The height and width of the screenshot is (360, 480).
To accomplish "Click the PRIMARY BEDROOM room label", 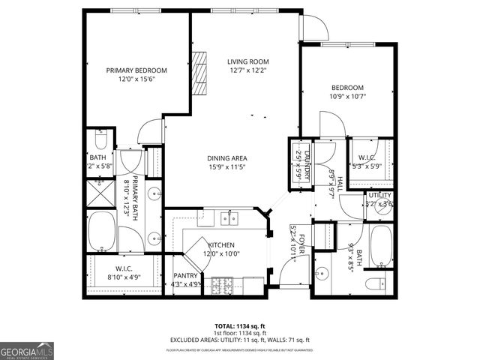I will point(136,70).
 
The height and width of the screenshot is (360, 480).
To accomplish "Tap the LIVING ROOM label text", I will point(248,63).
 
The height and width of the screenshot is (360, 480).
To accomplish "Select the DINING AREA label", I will point(227,158).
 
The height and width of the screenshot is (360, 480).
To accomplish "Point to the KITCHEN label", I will point(221,245).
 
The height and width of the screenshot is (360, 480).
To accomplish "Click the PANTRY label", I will point(184,276).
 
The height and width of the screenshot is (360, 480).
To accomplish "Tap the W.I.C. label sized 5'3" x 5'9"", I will point(367,158).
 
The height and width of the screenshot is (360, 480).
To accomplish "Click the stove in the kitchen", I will point(223,285).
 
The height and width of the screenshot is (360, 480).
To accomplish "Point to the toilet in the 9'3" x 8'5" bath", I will point(378,285).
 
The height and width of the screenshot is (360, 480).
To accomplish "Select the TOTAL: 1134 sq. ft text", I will point(240,326).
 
